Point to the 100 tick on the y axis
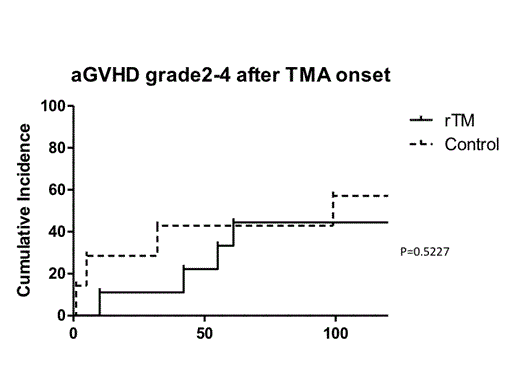point(53,105)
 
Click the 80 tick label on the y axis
point(57,147)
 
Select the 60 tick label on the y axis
point(57,189)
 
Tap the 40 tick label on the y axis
point(57,231)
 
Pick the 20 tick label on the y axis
point(57,273)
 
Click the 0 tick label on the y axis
point(61,315)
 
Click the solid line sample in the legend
point(427,120)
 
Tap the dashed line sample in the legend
point(427,145)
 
